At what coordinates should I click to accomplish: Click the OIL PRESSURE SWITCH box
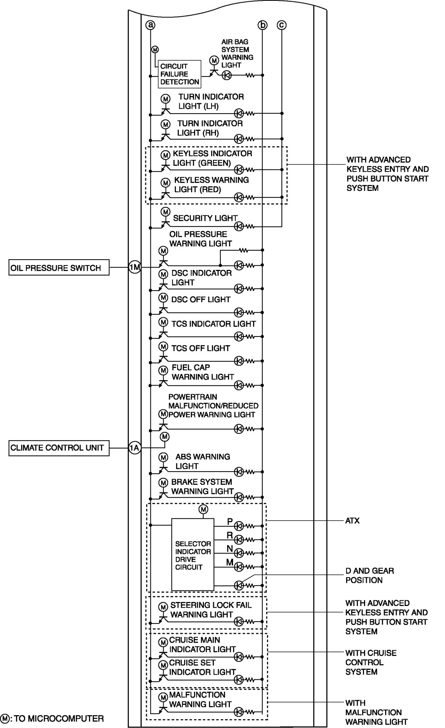[59, 268]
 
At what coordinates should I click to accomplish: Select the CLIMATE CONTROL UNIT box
[59, 448]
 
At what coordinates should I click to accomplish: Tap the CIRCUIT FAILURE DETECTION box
[180, 74]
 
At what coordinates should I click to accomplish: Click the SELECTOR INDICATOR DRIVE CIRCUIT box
[193, 555]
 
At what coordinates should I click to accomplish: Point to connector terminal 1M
[134, 268]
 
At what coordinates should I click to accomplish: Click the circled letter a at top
[150, 25]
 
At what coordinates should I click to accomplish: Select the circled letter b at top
[262, 25]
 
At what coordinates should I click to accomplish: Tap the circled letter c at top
[282, 25]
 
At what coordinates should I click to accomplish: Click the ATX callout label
[352, 521]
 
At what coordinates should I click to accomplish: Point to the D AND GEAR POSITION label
[369, 575]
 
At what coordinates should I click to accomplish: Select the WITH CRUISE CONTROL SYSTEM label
[371, 662]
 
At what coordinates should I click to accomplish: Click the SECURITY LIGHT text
[205, 218]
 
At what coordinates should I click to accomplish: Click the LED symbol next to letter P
[239, 525]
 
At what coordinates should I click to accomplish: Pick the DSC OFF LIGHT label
[201, 299]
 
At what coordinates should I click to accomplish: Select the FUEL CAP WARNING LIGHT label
[202, 372]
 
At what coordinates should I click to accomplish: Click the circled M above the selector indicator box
[204, 509]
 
